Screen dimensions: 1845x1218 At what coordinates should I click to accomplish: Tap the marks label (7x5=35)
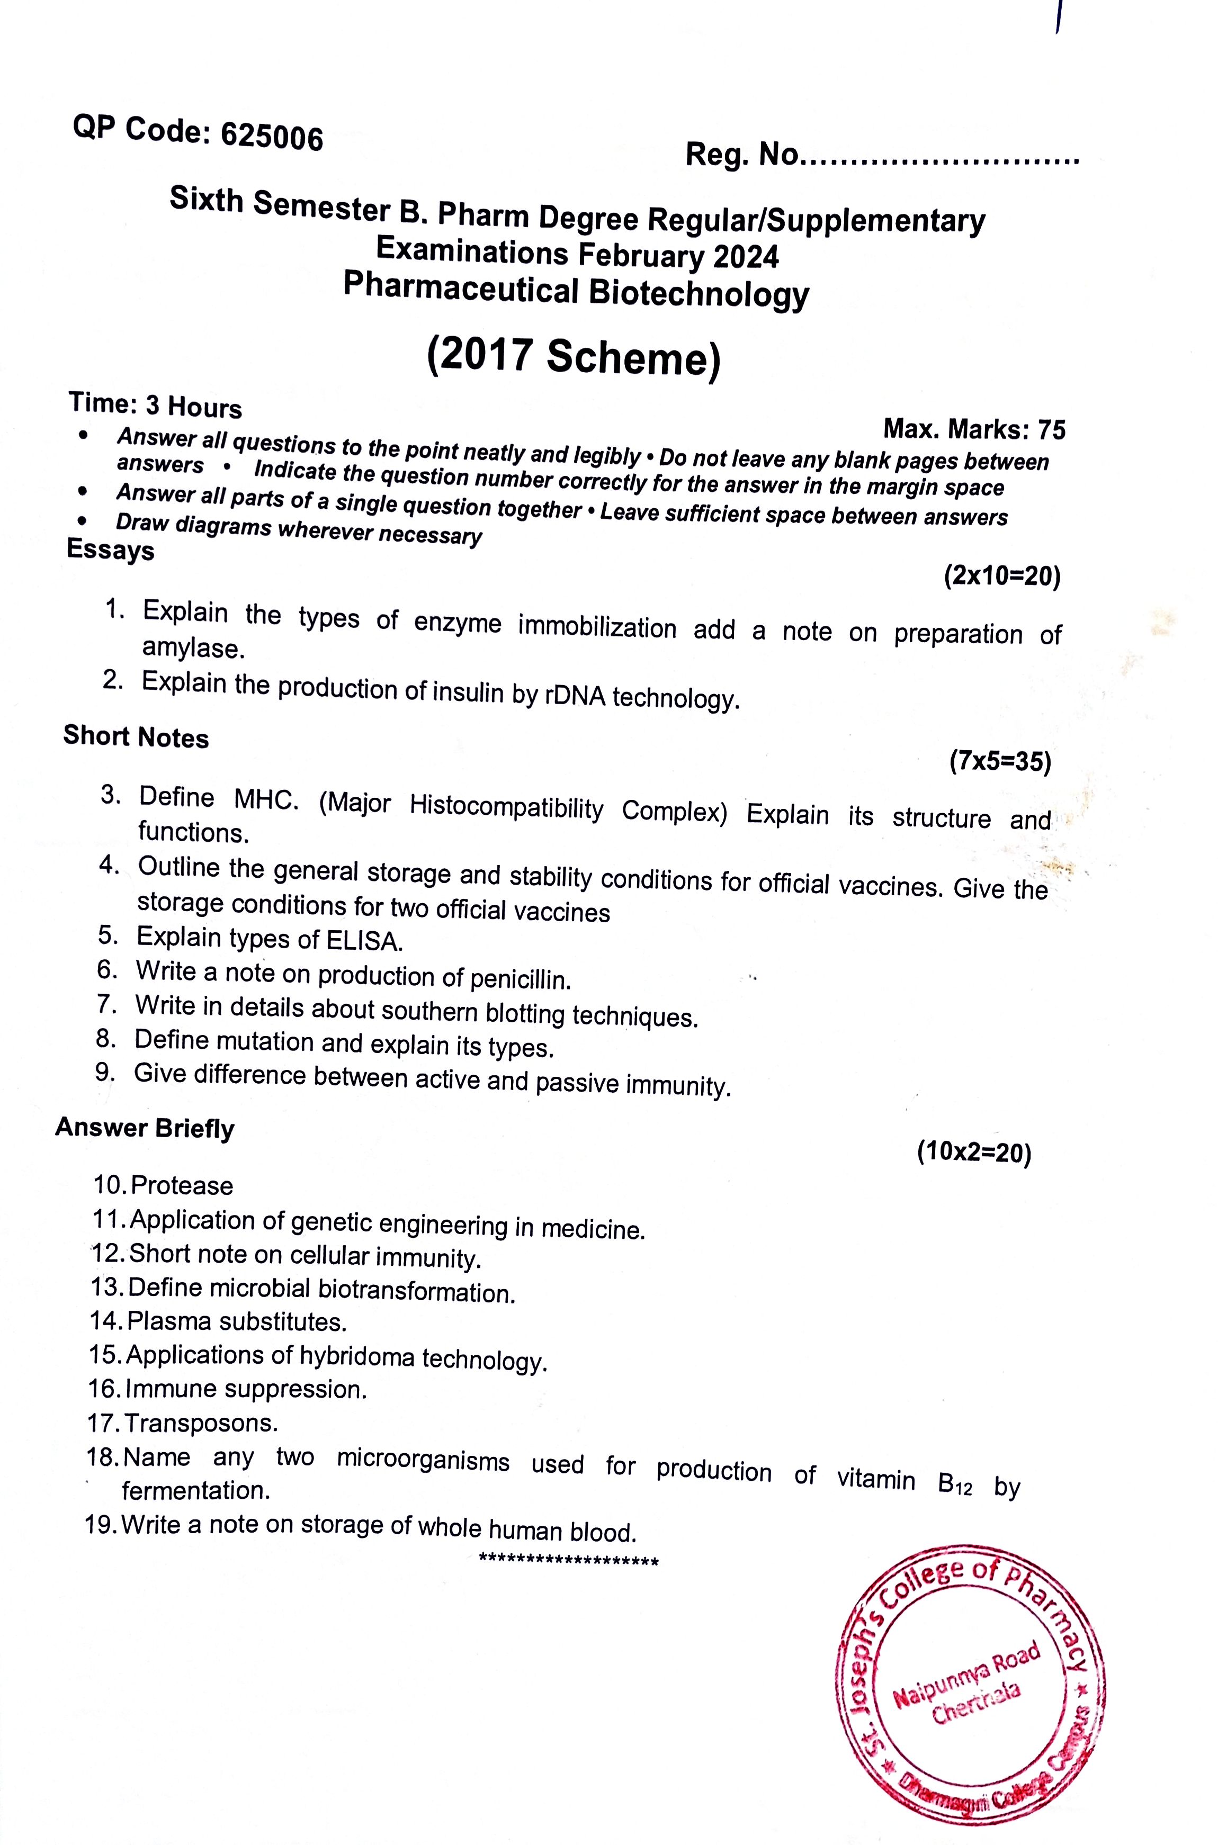pyautogui.click(x=1000, y=762)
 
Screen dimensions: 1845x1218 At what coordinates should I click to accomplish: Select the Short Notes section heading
pyautogui.click(x=136, y=736)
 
